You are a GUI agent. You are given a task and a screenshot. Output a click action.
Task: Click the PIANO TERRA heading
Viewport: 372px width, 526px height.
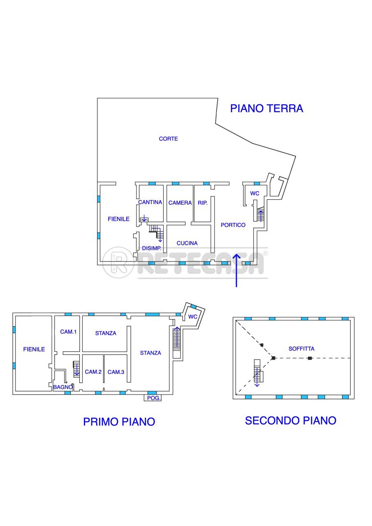pos(266,108)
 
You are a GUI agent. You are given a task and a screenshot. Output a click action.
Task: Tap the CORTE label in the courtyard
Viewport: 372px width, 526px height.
pos(169,139)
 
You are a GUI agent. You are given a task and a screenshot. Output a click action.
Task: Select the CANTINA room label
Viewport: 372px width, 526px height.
pos(150,202)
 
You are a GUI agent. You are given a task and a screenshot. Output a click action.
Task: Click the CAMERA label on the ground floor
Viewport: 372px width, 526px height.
pos(180,203)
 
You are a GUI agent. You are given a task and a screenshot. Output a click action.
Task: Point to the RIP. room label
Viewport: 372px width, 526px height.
pos(203,203)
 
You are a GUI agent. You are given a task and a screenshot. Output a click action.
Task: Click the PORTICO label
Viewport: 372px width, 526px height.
pos(233,225)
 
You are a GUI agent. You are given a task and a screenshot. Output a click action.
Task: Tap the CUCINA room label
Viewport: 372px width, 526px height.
pos(187,243)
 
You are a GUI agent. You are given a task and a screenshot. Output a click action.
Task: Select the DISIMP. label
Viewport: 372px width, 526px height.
pos(151,248)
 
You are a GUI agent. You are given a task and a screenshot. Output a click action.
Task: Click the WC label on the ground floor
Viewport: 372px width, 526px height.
pos(255,193)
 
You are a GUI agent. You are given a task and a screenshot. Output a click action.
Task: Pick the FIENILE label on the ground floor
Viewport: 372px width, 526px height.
pos(119,219)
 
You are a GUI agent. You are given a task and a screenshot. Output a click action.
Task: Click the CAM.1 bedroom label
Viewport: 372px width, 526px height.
pos(68,331)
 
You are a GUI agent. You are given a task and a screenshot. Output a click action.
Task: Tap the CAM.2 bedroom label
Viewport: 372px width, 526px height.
pos(93,371)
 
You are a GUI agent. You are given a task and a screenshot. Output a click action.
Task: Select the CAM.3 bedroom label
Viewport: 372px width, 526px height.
pos(116,371)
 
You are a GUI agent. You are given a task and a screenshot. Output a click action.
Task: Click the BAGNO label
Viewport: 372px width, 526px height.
pos(63,387)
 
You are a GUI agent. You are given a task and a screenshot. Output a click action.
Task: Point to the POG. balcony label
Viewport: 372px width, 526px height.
pos(152,398)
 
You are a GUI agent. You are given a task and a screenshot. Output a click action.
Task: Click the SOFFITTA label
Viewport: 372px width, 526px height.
pos(301,348)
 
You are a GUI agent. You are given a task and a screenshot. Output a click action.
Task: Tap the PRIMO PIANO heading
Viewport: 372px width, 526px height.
pos(119,422)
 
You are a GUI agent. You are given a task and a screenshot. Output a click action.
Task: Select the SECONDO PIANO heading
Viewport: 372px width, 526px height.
pos(291,420)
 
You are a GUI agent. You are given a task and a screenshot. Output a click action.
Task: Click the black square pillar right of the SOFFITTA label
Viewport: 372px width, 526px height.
pos(310,358)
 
